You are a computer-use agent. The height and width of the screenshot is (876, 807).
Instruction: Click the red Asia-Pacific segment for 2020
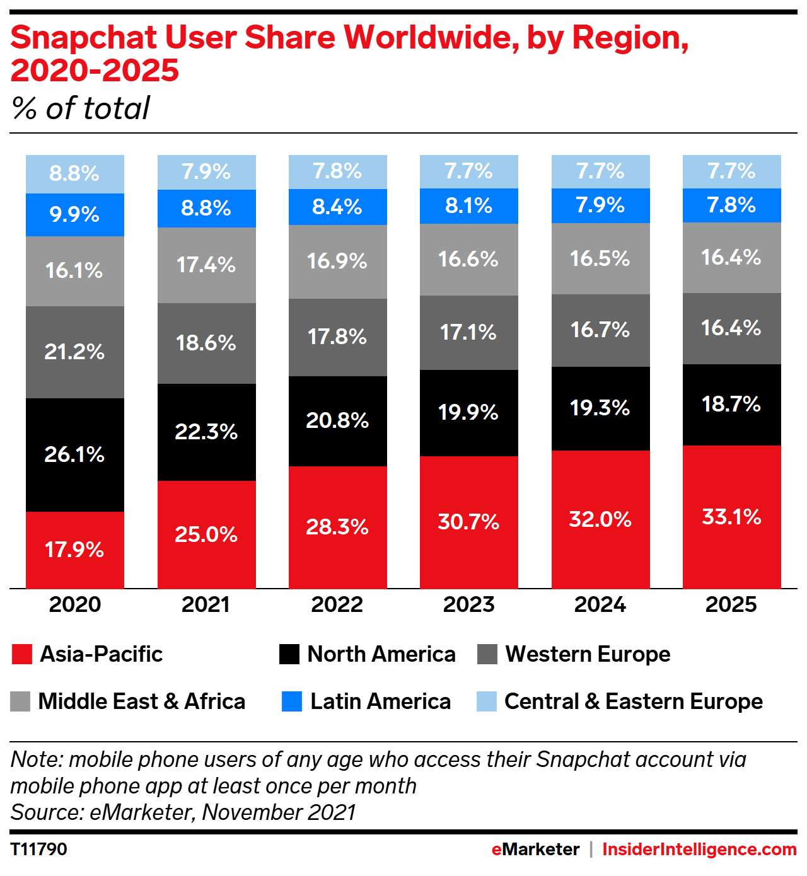click(x=74, y=550)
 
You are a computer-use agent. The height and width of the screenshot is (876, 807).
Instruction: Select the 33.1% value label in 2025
click(x=731, y=517)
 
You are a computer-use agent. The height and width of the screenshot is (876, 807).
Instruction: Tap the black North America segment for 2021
click(x=206, y=432)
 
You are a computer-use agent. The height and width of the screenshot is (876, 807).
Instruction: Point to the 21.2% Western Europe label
click(x=74, y=352)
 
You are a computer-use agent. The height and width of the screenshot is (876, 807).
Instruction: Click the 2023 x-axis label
click(x=468, y=604)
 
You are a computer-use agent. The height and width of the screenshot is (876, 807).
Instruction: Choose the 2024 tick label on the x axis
click(x=600, y=604)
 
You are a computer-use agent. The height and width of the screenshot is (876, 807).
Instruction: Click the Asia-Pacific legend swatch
click(x=22, y=654)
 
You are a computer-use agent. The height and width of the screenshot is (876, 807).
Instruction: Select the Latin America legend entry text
click(x=380, y=701)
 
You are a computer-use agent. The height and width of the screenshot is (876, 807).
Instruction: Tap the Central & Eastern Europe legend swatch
click(x=487, y=701)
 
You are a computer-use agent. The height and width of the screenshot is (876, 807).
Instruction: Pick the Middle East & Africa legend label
click(x=141, y=701)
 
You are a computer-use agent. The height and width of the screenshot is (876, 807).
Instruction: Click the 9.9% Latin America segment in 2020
click(x=74, y=215)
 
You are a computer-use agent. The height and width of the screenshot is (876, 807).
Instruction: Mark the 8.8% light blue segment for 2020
click(x=74, y=173)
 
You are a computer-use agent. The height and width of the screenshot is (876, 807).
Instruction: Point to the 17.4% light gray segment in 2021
click(x=206, y=265)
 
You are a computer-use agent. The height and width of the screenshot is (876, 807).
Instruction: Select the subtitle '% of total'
click(x=81, y=108)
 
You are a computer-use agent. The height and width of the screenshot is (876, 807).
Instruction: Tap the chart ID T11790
click(x=38, y=850)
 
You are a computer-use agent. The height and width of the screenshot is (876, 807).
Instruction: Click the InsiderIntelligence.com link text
click(x=699, y=850)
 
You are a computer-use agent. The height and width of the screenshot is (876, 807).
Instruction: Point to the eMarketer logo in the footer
click(x=535, y=850)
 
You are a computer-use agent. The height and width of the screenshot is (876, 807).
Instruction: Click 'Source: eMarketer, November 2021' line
click(x=183, y=812)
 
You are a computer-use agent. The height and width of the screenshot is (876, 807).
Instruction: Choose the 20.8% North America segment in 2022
click(x=337, y=420)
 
